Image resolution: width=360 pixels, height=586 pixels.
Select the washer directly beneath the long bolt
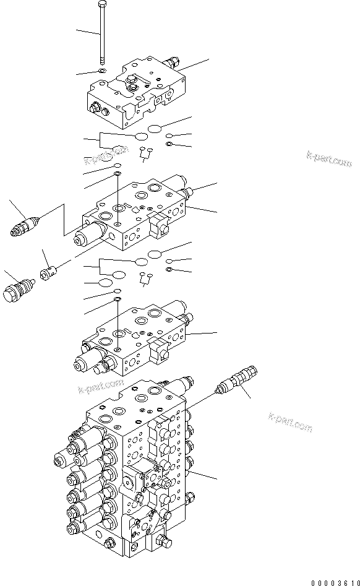pos(101,72)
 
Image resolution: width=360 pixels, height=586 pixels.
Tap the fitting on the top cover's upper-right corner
pos(172,62)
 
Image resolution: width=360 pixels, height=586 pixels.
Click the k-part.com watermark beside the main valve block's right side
pos(290,423)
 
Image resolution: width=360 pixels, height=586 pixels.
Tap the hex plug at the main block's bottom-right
pos(165,543)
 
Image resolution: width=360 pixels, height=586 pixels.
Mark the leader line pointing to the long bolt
pos(87,31)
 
